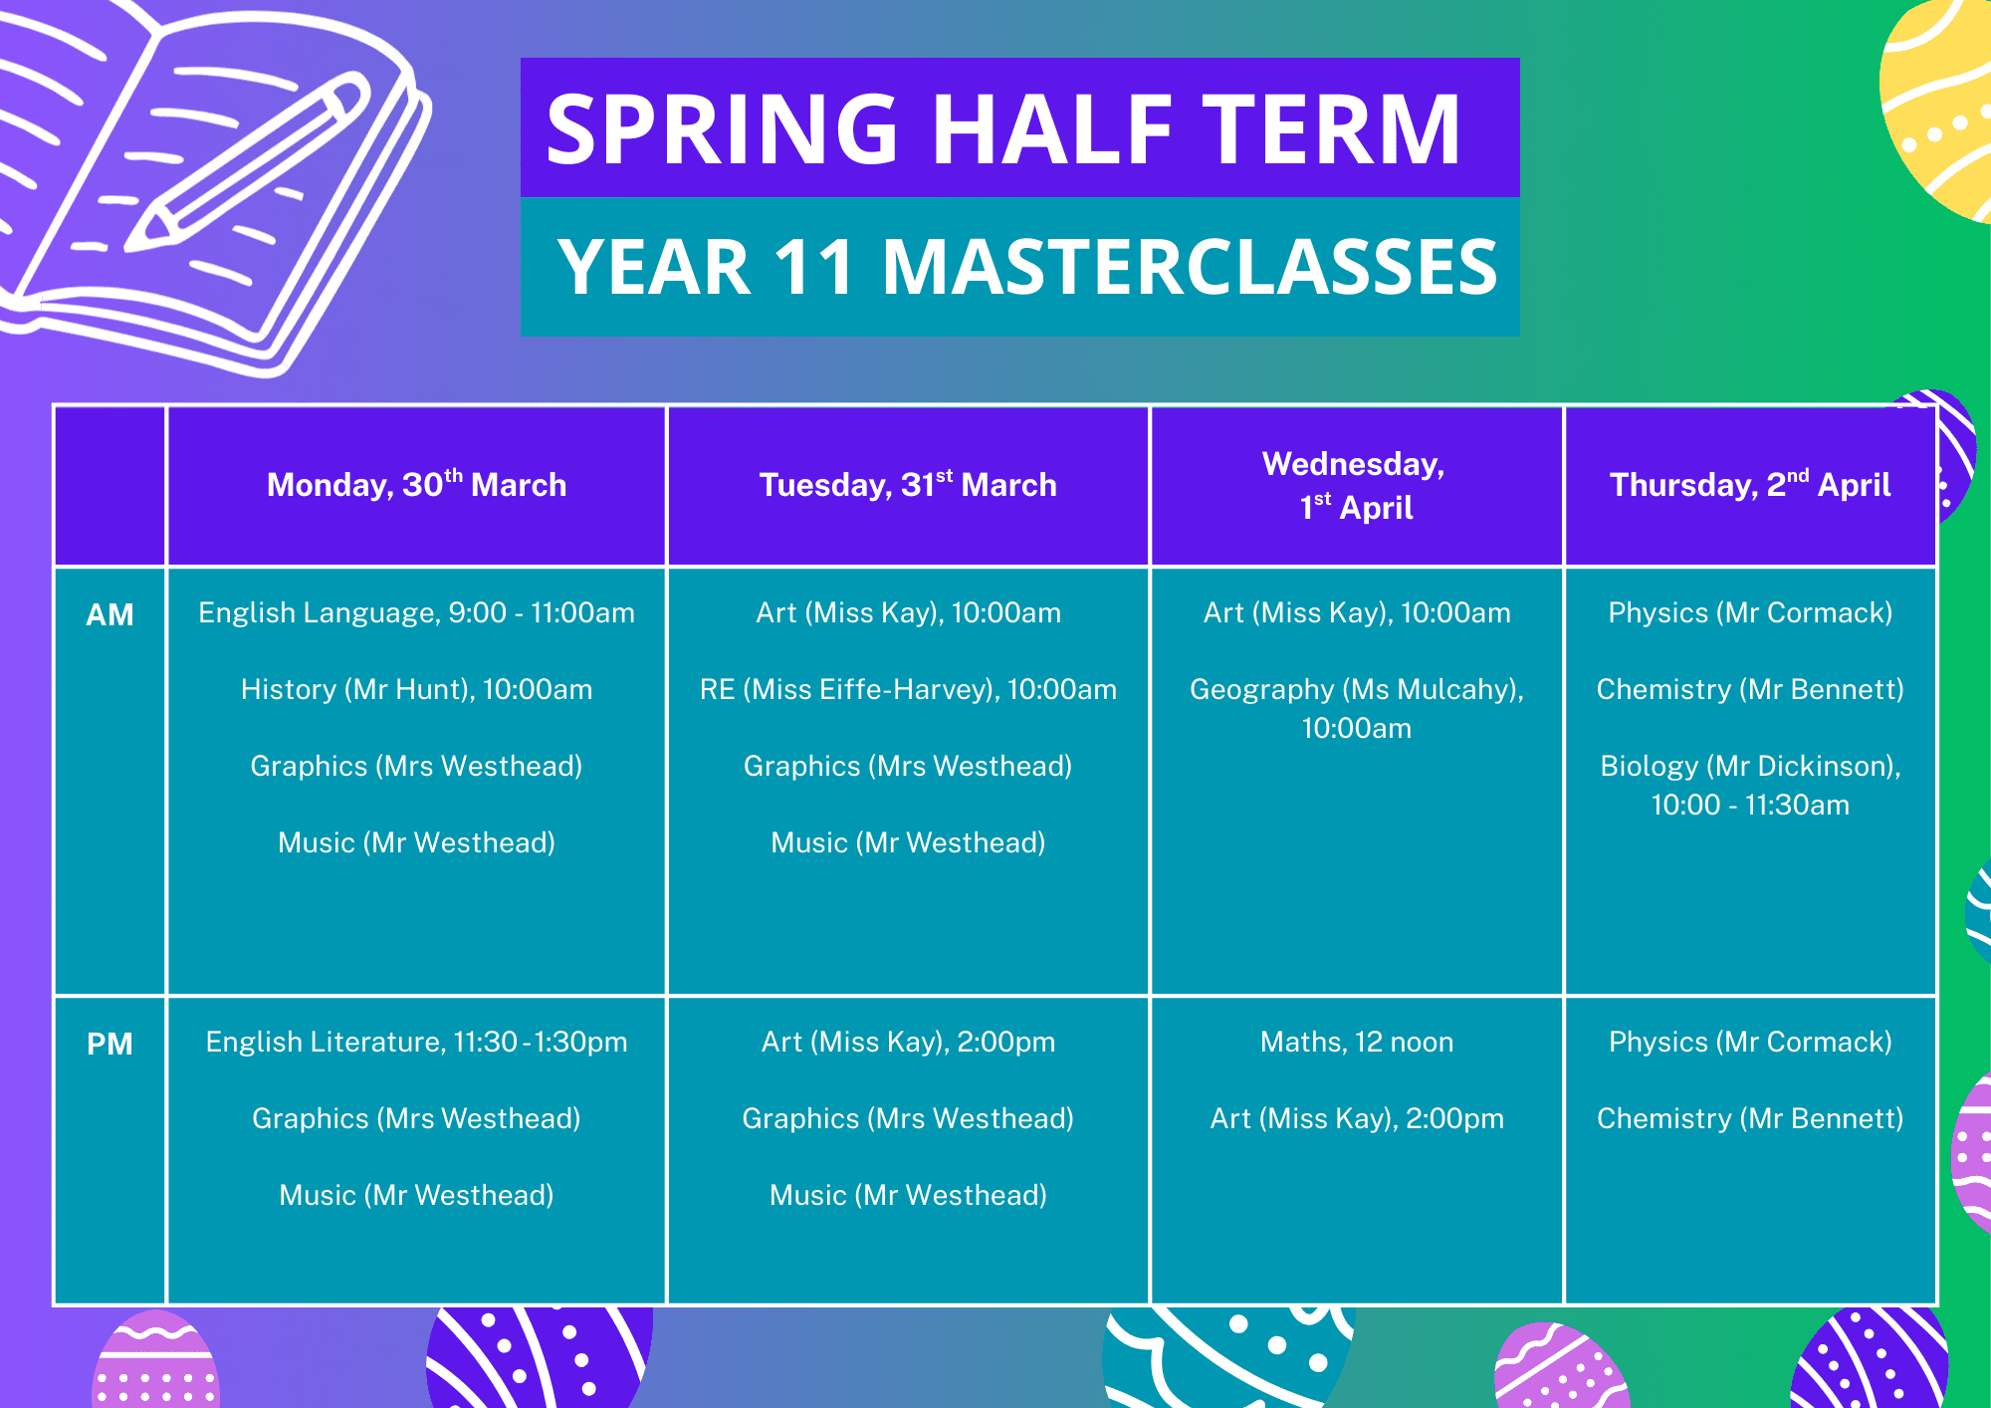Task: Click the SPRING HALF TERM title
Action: pos(1003,128)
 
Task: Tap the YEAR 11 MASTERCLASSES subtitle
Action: pos(1026,267)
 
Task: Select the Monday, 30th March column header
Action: pos(416,484)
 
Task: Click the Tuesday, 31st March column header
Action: pos(908,484)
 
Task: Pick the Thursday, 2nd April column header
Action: pos(1750,484)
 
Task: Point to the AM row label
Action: pos(110,614)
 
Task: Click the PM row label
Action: pos(110,1044)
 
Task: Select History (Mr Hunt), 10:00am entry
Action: pos(416,689)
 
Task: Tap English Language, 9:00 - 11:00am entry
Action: pos(416,612)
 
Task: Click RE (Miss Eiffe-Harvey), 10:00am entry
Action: pos(908,689)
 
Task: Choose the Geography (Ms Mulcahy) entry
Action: pos(1357,708)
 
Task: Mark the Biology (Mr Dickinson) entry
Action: pos(1750,785)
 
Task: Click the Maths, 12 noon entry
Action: pos(1357,1042)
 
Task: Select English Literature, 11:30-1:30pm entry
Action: pos(416,1042)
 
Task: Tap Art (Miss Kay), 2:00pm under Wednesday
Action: pos(1357,1118)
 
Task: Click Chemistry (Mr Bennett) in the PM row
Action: pos(1750,1118)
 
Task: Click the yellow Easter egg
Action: pos(1936,110)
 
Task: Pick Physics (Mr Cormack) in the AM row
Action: pos(1750,612)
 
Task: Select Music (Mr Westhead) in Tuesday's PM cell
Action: pos(908,1195)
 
